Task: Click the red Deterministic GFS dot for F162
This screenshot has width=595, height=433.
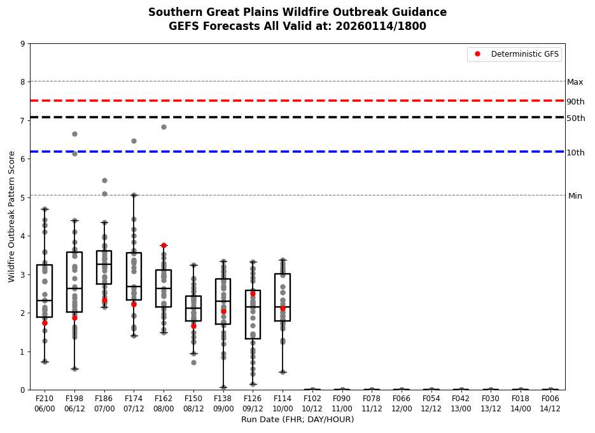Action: [x=164, y=245]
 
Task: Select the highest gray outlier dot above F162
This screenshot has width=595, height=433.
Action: [x=164, y=127]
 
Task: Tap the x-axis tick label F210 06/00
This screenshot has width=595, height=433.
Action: [x=45, y=404]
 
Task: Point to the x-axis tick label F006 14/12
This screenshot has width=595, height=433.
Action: [x=550, y=404]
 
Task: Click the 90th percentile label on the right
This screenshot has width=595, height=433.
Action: [x=575, y=102]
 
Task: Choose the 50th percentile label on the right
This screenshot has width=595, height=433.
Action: [x=575, y=118]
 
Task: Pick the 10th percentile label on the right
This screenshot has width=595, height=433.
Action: [x=575, y=153]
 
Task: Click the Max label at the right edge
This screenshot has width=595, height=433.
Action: [x=575, y=82]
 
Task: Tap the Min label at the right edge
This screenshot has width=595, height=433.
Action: [x=575, y=196]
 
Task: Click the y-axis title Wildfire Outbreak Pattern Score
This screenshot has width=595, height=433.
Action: [x=12, y=216]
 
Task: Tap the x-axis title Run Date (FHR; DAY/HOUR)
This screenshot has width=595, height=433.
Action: [x=297, y=420]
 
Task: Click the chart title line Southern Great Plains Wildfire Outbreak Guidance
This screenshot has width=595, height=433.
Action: [x=297, y=13]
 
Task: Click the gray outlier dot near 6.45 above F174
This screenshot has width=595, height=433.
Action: [x=134, y=141]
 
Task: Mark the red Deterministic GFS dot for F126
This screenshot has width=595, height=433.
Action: [x=253, y=294]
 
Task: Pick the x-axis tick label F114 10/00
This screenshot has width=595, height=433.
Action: [x=283, y=404]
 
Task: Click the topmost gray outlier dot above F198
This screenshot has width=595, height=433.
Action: [x=74, y=134]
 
